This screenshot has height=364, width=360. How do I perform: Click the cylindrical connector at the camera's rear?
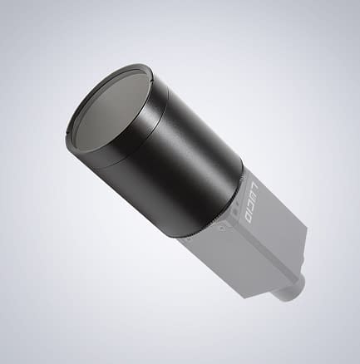(x=293, y=287)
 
